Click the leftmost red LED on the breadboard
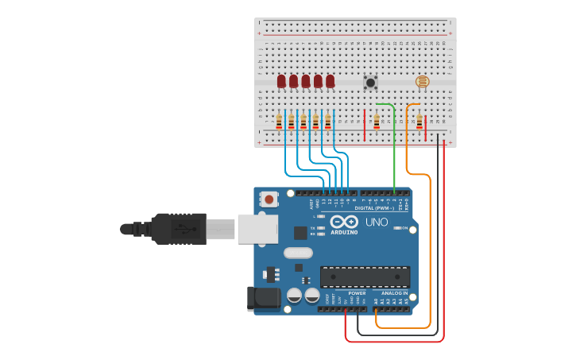point(281,81)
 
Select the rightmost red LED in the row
point(330,81)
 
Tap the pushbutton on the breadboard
point(369,82)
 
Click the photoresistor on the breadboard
point(422,81)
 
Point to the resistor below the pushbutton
point(376,122)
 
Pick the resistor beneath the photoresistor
point(419,122)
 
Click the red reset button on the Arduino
point(269,199)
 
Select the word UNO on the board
point(377,222)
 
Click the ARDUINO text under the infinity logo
point(344,232)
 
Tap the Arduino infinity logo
point(344,222)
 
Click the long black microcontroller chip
point(365,277)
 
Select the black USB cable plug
point(179,228)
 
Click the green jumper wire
point(395,151)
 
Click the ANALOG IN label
point(395,293)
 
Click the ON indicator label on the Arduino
point(404,228)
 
